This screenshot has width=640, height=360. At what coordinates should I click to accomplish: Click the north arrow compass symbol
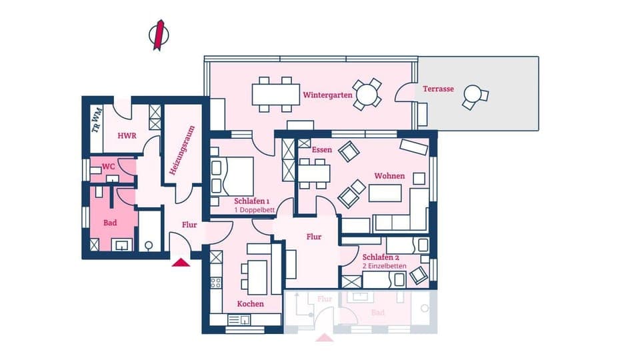159,35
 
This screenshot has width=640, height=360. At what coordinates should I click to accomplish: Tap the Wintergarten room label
327,95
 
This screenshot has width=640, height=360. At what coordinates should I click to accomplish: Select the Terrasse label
438,89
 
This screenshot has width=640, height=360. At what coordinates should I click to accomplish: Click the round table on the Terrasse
473,95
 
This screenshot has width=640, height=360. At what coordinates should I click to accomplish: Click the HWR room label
127,135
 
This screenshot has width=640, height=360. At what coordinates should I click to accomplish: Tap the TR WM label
97,121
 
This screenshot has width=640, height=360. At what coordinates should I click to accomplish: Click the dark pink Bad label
111,223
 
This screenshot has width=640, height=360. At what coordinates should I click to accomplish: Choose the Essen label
321,150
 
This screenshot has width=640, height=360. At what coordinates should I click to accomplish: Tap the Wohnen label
389,176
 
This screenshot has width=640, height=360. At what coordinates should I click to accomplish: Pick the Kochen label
250,303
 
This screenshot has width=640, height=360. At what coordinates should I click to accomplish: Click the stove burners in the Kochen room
216,283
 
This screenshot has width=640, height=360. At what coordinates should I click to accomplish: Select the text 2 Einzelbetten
385,266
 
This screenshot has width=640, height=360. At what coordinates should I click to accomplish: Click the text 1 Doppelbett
255,209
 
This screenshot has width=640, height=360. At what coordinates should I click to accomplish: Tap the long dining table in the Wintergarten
272,94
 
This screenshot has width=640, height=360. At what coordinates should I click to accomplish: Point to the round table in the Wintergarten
367,94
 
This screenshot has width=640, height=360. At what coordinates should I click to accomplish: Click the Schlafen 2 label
381,257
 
